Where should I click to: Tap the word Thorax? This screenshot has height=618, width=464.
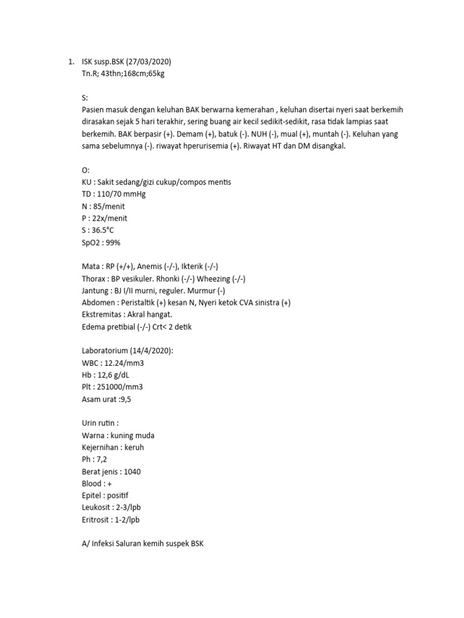tap(94, 278)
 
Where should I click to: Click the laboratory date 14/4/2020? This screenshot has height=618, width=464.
tap(149, 351)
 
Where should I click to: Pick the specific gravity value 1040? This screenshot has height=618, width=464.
tap(132, 471)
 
